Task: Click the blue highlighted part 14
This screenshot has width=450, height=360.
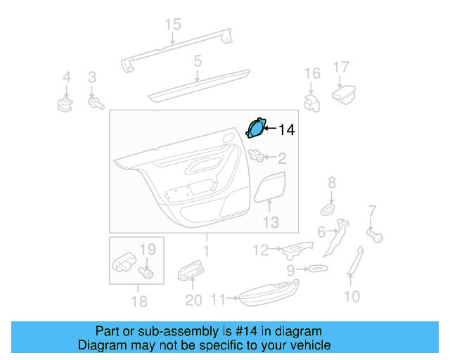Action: click(256, 129)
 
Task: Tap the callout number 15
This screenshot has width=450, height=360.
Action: click(173, 25)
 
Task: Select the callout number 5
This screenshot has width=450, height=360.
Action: click(198, 61)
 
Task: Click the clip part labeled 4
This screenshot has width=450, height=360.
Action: click(66, 105)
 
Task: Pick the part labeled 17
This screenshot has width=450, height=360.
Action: click(343, 93)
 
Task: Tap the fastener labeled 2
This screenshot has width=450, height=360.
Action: click(257, 157)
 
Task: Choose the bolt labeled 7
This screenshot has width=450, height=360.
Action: click(374, 236)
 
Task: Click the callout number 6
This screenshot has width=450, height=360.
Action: click(321, 232)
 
